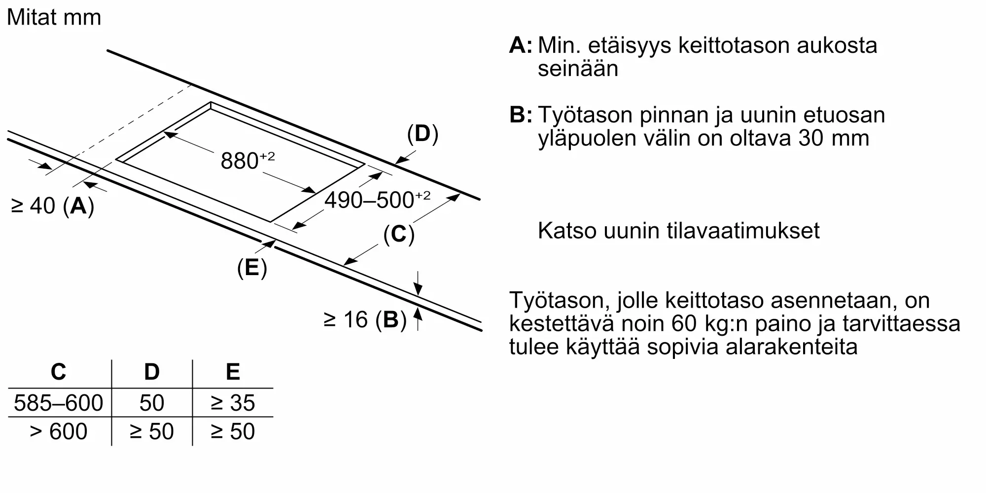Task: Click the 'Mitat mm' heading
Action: point(54,18)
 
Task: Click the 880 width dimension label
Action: point(246,161)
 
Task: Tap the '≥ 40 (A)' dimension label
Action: point(52,206)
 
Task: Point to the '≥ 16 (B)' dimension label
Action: point(365,320)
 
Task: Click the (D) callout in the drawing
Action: point(423,134)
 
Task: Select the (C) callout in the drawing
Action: point(398,234)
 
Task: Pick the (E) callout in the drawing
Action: point(252,268)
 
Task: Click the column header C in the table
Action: point(58,372)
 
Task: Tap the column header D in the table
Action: point(152,372)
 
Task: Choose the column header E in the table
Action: point(233,372)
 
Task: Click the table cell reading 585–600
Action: point(58,403)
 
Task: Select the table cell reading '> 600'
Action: point(58,432)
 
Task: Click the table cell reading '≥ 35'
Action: point(233,403)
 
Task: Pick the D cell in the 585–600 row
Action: point(152,403)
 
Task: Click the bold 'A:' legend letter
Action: point(521,45)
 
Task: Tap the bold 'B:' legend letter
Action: point(521,115)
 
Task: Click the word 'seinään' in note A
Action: point(578,69)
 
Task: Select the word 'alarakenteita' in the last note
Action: point(791,347)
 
